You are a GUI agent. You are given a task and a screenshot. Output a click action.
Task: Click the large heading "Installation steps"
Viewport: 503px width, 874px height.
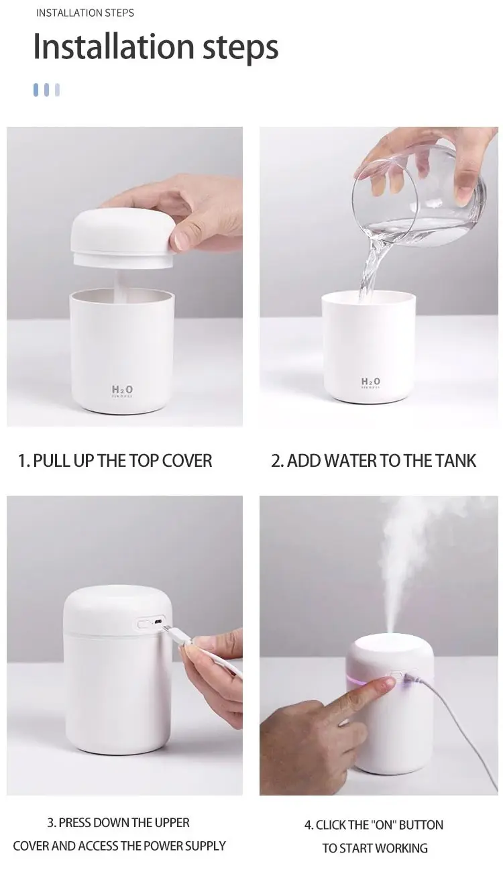156,47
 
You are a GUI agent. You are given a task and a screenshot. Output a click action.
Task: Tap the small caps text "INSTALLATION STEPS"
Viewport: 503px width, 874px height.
85,13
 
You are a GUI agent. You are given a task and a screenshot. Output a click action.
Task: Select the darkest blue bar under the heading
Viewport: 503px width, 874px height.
36,89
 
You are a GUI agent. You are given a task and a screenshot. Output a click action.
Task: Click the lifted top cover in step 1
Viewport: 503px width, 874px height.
123,238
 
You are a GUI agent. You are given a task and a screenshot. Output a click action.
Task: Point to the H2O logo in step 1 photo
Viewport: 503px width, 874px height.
122,390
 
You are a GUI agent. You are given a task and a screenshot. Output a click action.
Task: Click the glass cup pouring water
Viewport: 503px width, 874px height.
419,195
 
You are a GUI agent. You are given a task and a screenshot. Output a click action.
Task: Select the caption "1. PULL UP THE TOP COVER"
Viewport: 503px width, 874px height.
115,460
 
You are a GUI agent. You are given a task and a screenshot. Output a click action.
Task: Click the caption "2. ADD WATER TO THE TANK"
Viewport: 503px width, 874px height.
374,460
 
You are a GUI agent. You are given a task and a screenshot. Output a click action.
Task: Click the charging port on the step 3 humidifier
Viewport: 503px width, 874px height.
158,621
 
